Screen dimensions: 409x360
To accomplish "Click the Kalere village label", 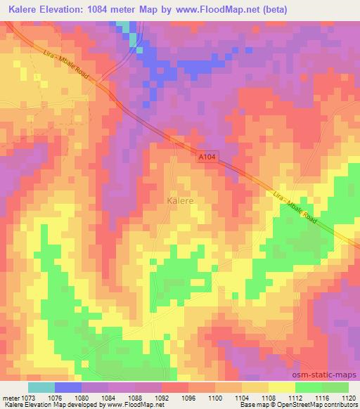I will (180, 200).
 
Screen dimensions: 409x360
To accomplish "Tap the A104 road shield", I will (207, 160).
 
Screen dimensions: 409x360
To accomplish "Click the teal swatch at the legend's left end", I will (41, 387).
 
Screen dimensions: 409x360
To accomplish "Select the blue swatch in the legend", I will (68, 387).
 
